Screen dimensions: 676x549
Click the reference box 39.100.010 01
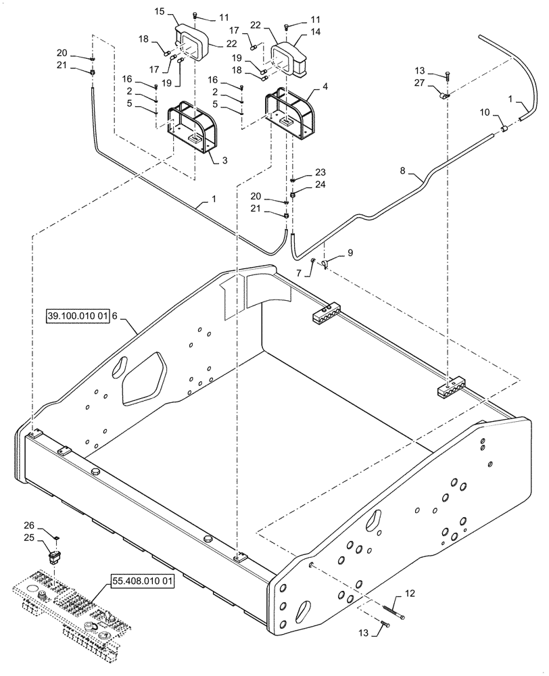click(x=78, y=314)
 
